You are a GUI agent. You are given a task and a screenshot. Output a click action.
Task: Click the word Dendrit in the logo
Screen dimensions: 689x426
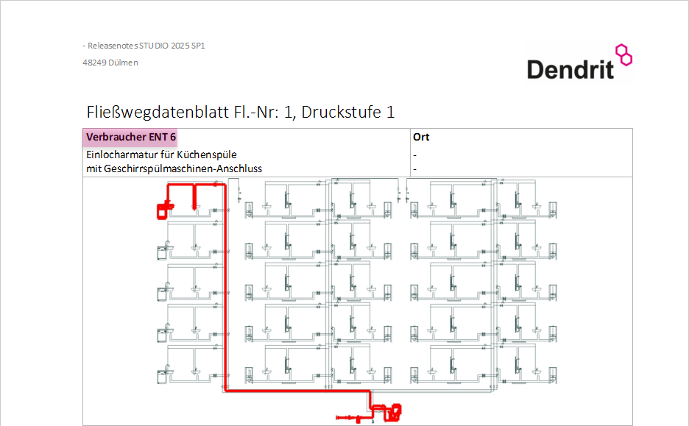pyautogui.click(x=570, y=70)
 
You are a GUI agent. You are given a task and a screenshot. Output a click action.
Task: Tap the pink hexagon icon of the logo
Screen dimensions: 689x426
pyautogui.click(x=624, y=55)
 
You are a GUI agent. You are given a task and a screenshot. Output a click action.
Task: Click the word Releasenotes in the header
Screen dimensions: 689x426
pyautogui.click(x=113, y=46)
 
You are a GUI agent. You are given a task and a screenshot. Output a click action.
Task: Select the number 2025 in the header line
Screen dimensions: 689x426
pyautogui.click(x=180, y=46)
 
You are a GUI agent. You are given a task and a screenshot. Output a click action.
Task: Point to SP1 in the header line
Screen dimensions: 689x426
pyautogui.click(x=198, y=46)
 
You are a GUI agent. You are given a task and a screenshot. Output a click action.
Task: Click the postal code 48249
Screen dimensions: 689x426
pyautogui.click(x=94, y=63)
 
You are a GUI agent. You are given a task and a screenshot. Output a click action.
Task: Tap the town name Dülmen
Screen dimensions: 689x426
pyautogui.click(x=123, y=63)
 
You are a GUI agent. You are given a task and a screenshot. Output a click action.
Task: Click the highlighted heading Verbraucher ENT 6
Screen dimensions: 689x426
pyautogui.click(x=131, y=137)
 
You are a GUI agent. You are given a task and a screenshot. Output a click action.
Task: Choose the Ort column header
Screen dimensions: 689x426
pyautogui.click(x=421, y=137)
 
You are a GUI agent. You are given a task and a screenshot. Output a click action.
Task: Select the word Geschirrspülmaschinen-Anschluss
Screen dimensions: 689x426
pyautogui.click(x=183, y=169)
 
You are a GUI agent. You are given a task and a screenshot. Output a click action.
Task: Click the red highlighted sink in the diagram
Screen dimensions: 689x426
pyautogui.click(x=165, y=209)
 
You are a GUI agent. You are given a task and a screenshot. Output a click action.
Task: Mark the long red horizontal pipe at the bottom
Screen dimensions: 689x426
pyautogui.click(x=297, y=391)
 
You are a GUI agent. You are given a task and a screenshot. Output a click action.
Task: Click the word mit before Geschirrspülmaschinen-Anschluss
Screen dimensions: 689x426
pyautogui.click(x=93, y=168)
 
